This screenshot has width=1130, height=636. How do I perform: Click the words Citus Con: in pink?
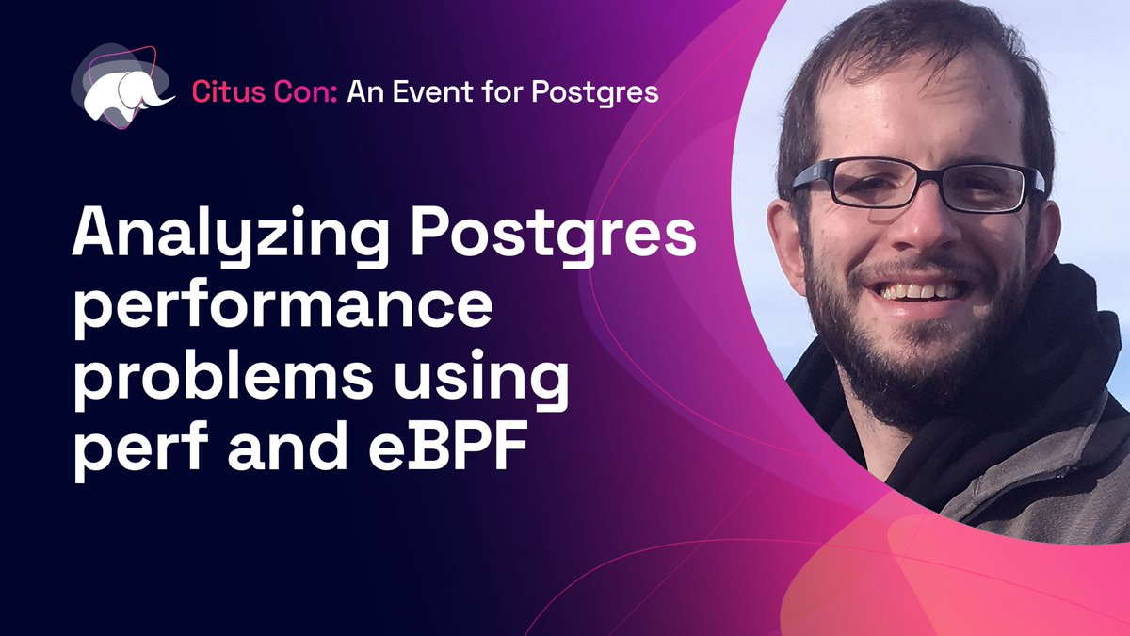266,91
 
